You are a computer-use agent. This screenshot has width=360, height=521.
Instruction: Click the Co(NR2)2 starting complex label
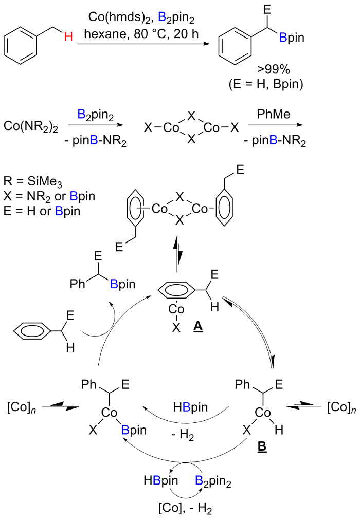29,125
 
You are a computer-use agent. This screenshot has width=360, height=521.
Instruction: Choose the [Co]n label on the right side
340,408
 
